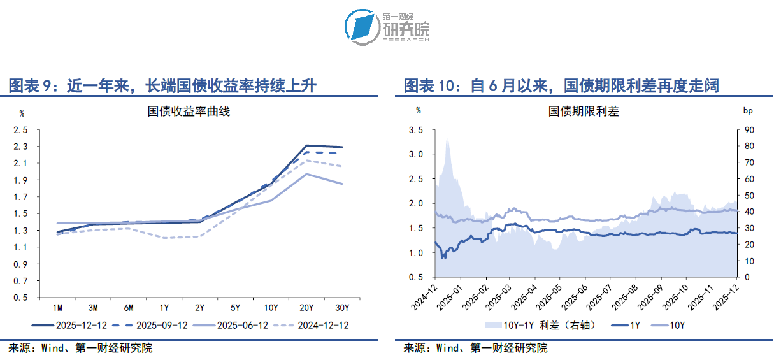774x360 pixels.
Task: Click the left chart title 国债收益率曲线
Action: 189,112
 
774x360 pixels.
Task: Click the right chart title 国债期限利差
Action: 584,112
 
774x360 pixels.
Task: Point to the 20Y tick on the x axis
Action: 306,308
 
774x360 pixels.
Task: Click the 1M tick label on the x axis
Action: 57,308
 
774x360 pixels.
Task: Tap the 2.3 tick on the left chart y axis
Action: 20,147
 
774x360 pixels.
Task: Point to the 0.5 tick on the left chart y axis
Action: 20,298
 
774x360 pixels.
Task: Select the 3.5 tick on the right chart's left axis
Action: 415,130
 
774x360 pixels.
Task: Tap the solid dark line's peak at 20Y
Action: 306,146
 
